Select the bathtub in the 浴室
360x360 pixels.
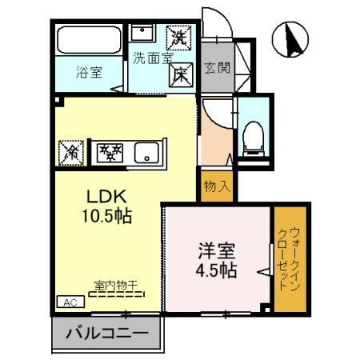pos(88,42)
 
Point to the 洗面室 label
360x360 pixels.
pos(151,58)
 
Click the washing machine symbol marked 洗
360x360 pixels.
pos(178,37)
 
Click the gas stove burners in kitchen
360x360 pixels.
pos(109,150)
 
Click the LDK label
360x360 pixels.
pos(104,197)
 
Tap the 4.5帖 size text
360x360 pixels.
pos(217,270)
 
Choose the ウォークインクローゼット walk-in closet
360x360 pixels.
pos(287,260)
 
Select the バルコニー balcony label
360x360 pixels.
pos(106,333)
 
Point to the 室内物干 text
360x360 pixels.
pos(117,284)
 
